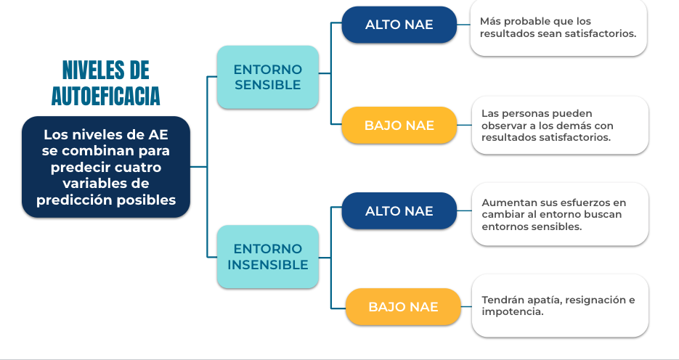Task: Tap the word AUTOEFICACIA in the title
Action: point(105,96)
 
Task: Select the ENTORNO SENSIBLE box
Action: point(268,77)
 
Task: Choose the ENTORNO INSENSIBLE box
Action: point(268,257)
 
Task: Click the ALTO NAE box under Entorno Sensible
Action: point(399,25)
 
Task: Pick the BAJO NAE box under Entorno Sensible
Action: point(399,125)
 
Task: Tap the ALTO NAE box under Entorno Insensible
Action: point(399,210)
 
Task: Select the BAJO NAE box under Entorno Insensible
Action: point(403,307)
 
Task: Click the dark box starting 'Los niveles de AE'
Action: point(105,167)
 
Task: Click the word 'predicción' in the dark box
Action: point(69,200)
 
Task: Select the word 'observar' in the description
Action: point(500,126)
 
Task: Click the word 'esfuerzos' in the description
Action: point(582,202)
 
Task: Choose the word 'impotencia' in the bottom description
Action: point(511,312)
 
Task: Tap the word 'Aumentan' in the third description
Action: point(503,202)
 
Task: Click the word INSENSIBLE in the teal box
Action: point(268,264)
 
